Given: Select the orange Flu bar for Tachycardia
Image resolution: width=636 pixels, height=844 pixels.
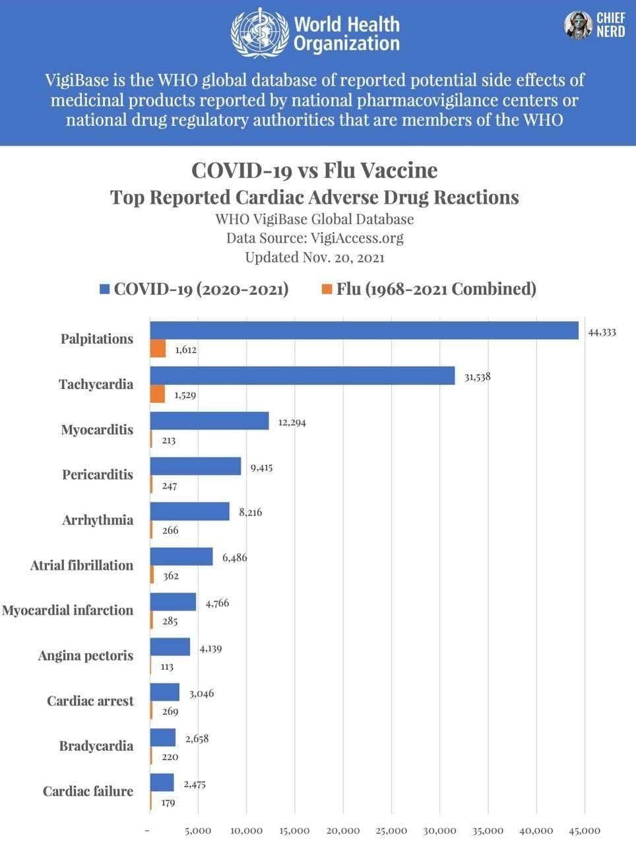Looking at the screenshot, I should (158, 394).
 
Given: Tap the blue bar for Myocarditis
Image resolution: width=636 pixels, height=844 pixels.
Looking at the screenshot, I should (210, 421).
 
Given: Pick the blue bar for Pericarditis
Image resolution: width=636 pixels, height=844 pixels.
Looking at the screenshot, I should (196, 466).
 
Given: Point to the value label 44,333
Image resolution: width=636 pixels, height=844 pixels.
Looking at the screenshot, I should (602, 332).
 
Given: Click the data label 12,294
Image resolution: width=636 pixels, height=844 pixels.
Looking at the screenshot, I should (292, 422).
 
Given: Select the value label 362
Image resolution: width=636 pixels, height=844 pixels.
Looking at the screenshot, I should (171, 576).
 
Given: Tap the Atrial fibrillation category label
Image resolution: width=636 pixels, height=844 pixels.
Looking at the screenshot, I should (81, 565).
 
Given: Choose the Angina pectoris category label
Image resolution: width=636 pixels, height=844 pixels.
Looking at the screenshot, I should (85, 655).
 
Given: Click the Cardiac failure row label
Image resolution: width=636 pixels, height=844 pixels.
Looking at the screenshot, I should (88, 791).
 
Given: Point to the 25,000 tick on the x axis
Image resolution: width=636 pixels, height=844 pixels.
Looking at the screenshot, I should (391, 831).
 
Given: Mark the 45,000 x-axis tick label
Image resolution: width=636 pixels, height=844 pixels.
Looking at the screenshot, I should (584, 831).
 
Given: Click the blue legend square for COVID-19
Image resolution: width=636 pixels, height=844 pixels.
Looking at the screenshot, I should (104, 289).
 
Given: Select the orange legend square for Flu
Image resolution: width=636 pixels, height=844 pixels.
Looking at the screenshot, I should (327, 289).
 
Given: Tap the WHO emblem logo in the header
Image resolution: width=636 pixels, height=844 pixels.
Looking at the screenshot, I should (259, 33).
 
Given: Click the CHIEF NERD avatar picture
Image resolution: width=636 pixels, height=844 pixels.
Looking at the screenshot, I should (578, 25).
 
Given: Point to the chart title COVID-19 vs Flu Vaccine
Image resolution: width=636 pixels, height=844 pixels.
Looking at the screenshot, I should (314, 170).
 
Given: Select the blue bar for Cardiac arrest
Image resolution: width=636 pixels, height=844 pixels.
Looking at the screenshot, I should (165, 692).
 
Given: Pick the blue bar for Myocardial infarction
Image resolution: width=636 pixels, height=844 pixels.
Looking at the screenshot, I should (174, 601).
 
